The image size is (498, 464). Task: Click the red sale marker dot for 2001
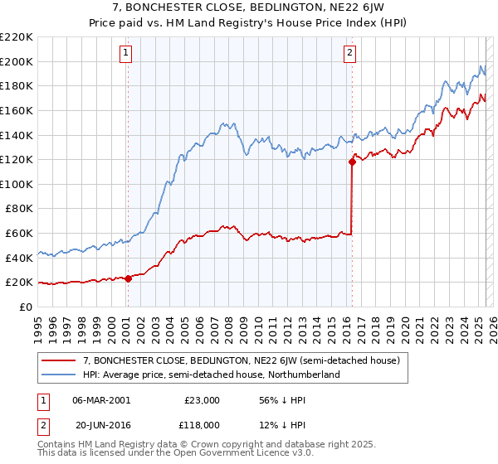(x=128, y=279)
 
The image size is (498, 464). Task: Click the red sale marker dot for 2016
(x=352, y=162)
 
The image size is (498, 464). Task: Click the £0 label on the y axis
(x=25, y=307)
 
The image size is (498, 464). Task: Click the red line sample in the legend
(x=59, y=361)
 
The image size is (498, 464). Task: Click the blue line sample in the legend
(x=59, y=375)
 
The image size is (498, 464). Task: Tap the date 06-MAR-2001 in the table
(x=101, y=399)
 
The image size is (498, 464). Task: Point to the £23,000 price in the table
(x=202, y=399)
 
